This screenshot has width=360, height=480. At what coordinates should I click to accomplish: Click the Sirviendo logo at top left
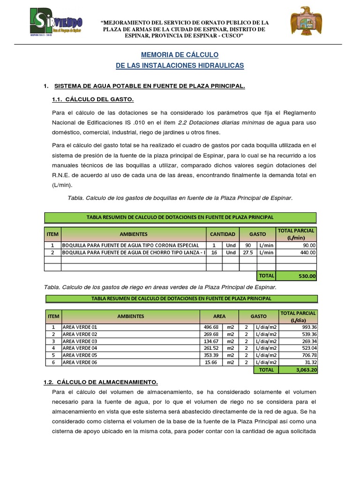(x=57, y=23)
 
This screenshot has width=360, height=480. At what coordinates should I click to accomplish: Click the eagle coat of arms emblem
(x=306, y=22)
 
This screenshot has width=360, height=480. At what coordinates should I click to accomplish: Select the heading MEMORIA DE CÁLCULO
(x=180, y=55)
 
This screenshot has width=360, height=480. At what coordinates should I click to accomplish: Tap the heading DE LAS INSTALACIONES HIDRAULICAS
(x=180, y=66)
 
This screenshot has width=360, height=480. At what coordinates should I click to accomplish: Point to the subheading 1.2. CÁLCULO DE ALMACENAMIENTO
(x=100, y=382)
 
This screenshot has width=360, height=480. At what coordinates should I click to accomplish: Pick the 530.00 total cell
(x=296, y=276)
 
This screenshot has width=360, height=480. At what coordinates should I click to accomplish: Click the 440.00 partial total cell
(x=296, y=252)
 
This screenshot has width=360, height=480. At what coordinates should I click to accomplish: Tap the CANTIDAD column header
(x=222, y=234)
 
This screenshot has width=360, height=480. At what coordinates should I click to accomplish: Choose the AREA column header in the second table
(x=219, y=316)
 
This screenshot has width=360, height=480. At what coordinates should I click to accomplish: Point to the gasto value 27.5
(x=247, y=252)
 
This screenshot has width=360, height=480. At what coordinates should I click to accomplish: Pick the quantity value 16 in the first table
(x=214, y=252)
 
